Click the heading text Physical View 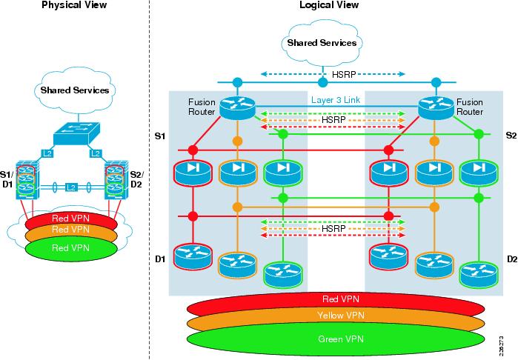click(x=73, y=5)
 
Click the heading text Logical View click(x=329, y=5)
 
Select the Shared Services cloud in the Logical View click(x=322, y=42)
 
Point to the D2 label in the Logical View click(x=511, y=259)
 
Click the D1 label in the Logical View click(x=159, y=259)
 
